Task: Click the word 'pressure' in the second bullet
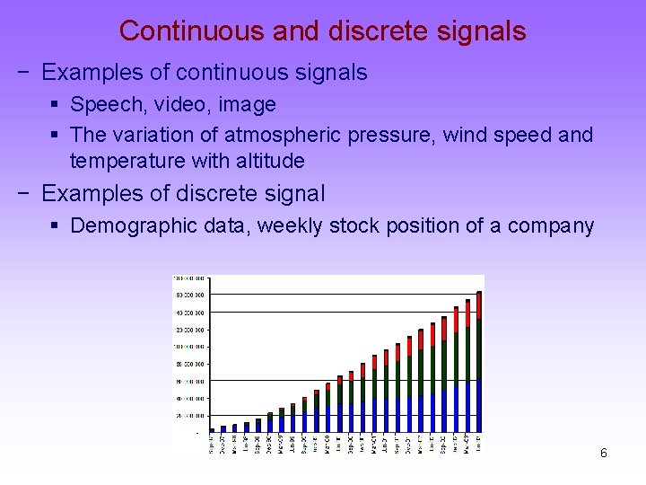click(375, 135)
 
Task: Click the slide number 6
click(603, 454)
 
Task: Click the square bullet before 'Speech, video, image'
click(55, 105)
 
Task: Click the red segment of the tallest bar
click(479, 305)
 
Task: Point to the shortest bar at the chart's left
click(212, 430)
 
